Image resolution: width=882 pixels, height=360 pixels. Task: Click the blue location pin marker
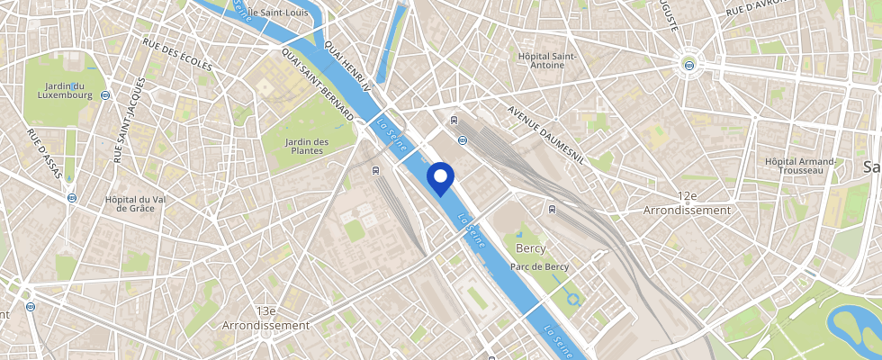pos(440,177)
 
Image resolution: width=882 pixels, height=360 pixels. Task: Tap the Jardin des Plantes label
pos(307,147)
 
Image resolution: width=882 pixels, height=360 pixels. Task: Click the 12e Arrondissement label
pos(688,202)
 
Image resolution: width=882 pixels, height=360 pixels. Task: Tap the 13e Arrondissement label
pos(266,317)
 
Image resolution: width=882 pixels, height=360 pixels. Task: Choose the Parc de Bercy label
pos(539,266)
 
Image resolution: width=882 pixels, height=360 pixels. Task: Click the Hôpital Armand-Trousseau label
pos(800,166)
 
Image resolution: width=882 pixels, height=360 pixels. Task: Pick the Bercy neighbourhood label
pos(531,247)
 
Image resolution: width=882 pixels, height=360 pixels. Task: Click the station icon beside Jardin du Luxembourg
pos(105,94)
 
